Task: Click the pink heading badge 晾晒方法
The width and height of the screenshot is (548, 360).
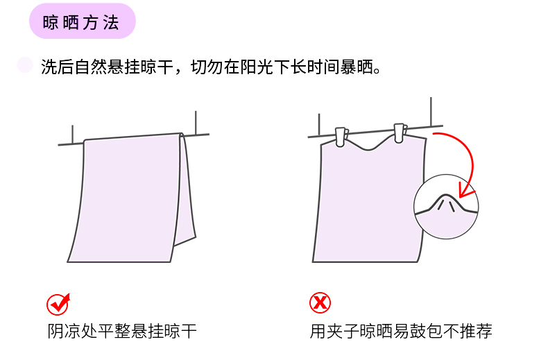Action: pos(82,21)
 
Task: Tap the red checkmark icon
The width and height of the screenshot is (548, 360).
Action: pos(58,304)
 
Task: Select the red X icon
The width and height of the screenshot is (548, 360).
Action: pos(320,302)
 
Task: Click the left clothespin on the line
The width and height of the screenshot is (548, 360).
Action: pos(341,137)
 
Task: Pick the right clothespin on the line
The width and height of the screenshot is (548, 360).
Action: pos(400,132)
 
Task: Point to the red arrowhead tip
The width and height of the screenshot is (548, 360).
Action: pos(460,197)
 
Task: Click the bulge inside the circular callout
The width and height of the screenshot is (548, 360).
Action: pos(445,203)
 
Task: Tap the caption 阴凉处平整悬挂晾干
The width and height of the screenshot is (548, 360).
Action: pos(122,331)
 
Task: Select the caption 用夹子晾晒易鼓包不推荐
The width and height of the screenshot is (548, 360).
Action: pos(401,331)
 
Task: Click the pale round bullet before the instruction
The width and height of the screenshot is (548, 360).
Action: pos(25,65)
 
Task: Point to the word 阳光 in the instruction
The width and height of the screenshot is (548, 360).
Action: pos(257,67)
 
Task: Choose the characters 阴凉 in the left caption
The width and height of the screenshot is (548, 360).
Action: pos(64,331)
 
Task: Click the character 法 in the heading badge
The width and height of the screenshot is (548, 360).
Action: pos(111,23)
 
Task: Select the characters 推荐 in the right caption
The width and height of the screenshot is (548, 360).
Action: pos(476,331)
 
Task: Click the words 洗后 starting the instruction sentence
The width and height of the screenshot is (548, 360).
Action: pos(57,67)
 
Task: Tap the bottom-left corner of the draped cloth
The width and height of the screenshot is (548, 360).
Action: pos(68,262)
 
